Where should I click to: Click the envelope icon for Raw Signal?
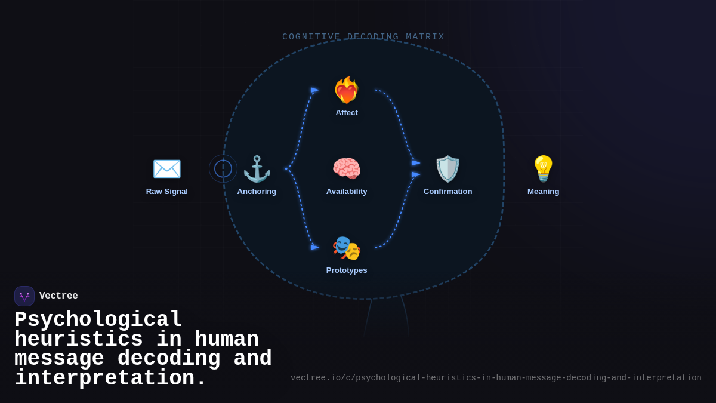pos(167,169)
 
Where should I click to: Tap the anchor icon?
pos(257,169)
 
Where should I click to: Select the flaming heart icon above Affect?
pos(347,91)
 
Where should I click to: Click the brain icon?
pos(347,169)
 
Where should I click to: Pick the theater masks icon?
pos(347,248)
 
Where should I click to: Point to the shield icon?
pos(447,169)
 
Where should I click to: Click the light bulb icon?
pos(543,169)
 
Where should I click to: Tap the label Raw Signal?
pos(167,192)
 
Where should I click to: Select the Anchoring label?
pos(257,192)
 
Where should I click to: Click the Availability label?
pos(347,192)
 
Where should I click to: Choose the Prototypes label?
pos(347,270)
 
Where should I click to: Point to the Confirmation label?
pos(447,192)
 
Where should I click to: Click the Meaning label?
pos(543,192)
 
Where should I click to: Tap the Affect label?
pos(347,113)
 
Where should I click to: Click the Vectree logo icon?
pos(24,296)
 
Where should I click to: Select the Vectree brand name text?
pos(58,296)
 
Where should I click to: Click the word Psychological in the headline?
pos(98,320)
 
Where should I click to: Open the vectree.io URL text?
pos(496,378)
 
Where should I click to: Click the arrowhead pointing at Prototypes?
pos(315,247)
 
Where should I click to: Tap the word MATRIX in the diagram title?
pos(425,37)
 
